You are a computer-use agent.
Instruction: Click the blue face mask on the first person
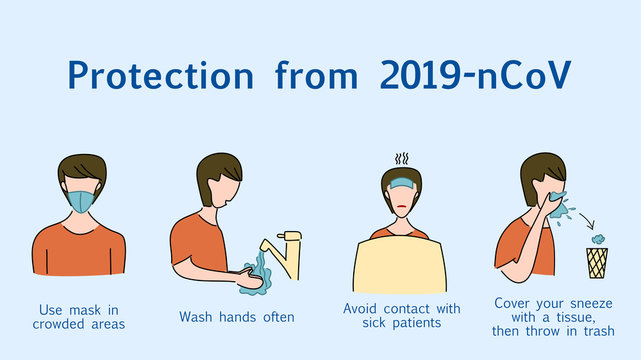[x=79, y=198]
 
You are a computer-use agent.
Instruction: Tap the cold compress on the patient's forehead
[x=401, y=182]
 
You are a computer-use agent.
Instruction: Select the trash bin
[x=597, y=263]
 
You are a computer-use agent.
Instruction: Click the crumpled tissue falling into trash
[x=598, y=240]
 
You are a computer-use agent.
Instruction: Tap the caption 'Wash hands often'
[x=237, y=317]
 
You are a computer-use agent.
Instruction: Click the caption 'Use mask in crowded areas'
[x=79, y=316]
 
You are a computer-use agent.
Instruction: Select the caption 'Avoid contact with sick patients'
[x=401, y=316]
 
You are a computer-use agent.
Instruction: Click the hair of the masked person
[x=79, y=166]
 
